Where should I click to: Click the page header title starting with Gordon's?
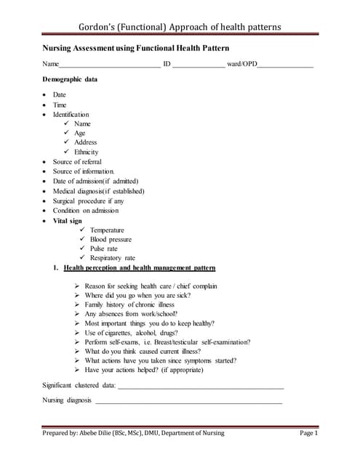(180, 28)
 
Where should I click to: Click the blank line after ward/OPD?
(285, 66)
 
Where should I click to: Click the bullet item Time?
(60, 105)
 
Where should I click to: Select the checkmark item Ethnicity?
(86, 152)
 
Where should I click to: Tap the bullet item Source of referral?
(77, 161)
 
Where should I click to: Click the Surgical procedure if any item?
(88, 201)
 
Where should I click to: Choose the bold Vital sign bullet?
(67, 220)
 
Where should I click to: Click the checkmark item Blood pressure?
(111, 239)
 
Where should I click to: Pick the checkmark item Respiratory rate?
(112, 258)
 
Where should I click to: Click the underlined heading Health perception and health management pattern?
(139, 268)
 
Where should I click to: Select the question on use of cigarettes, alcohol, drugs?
(132, 332)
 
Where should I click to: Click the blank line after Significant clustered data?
(201, 385)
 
